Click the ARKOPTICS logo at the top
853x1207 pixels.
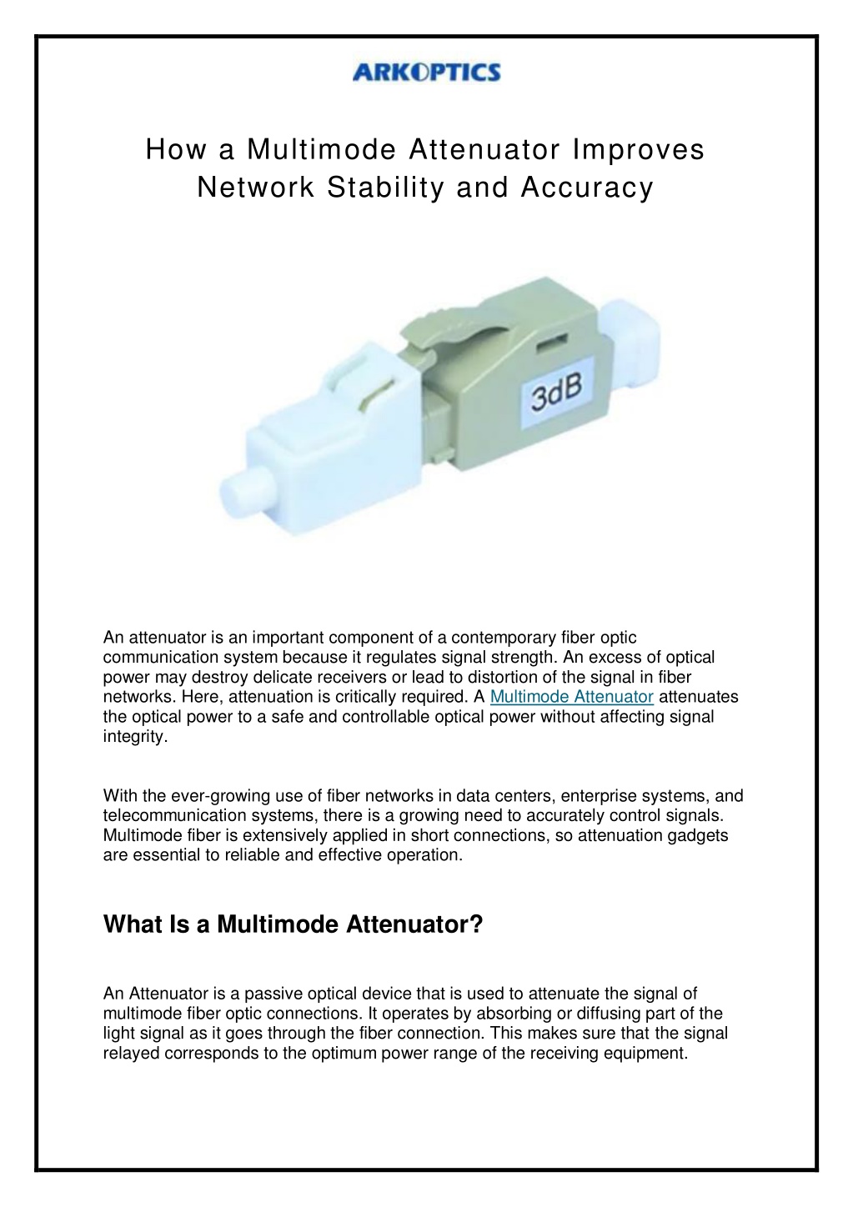pos(427,73)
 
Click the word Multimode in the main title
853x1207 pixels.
pos(321,150)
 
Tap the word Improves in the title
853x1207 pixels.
pos(638,150)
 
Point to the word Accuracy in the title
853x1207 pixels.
pos(587,188)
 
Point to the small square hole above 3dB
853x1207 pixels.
pos(549,343)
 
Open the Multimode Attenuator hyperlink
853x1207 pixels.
pos(571,697)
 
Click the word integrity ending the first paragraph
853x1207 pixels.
pos(135,737)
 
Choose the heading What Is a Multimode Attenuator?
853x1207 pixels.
pos(293,924)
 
